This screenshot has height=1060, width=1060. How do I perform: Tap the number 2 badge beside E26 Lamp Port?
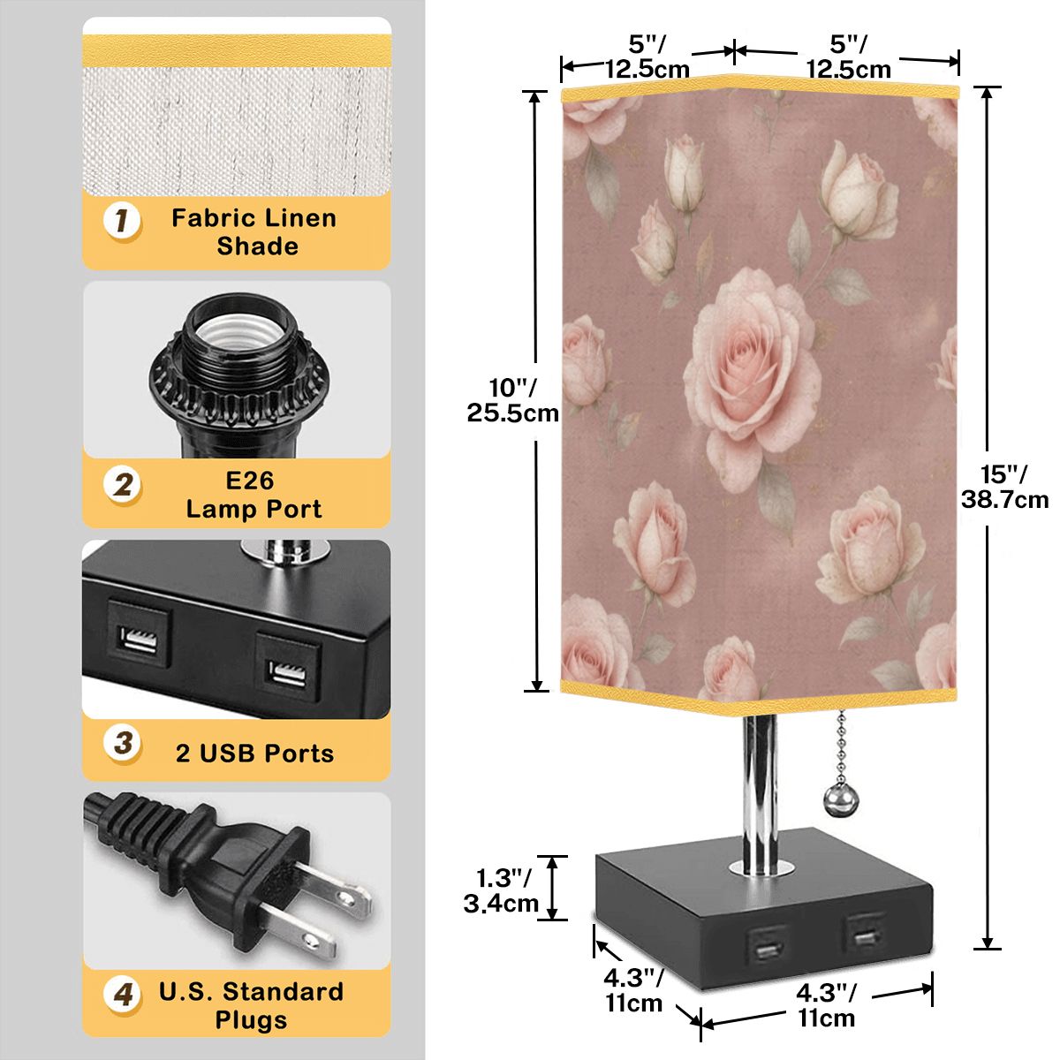tap(122, 486)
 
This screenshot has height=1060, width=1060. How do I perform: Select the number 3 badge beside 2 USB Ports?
tap(123, 744)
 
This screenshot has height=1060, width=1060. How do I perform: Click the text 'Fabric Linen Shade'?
tap(254, 232)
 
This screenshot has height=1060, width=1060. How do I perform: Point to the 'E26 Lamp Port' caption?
tap(254, 495)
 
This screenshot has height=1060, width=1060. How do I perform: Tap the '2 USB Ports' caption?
tap(254, 753)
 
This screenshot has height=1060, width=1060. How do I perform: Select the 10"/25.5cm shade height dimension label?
tap(512, 400)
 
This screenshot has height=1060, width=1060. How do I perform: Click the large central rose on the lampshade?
tap(752, 378)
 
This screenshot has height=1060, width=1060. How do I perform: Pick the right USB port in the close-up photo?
tap(288, 667)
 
